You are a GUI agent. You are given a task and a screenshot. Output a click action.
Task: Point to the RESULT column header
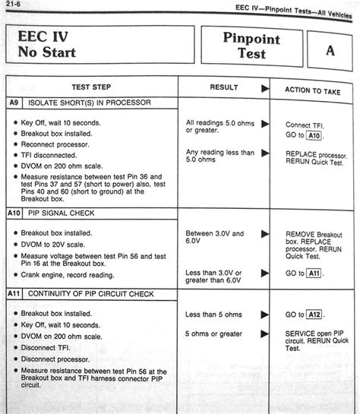(223, 87)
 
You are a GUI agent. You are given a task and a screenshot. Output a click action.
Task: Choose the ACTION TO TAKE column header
(313, 90)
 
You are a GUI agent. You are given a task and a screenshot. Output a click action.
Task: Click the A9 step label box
(14, 103)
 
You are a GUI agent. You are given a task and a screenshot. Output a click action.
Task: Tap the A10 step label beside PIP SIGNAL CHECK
(16, 213)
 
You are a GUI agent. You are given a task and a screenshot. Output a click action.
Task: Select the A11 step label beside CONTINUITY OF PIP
(16, 292)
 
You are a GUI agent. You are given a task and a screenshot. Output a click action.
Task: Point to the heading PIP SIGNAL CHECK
(63, 213)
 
